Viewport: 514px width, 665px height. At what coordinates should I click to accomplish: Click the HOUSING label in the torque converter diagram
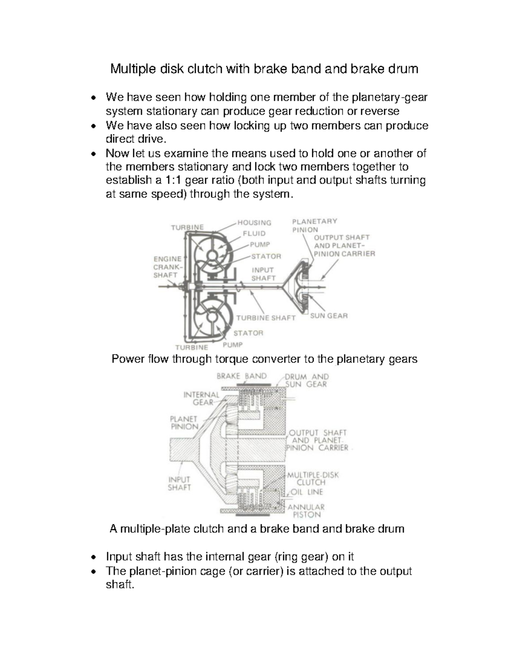(x=254, y=223)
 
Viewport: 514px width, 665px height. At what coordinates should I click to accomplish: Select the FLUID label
(x=254, y=234)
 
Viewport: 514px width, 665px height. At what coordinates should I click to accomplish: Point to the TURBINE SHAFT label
(x=266, y=318)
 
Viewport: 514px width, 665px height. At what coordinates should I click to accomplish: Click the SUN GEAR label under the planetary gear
(x=329, y=316)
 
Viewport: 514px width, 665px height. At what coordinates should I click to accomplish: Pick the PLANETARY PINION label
(x=314, y=225)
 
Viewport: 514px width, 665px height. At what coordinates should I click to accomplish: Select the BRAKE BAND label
(x=242, y=376)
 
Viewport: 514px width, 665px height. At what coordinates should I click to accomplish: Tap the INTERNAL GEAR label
(x=201, y=398)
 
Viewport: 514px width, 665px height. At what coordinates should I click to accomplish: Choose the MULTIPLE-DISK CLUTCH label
(x=313, y=478)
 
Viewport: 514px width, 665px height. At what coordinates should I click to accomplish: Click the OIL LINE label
(x=307, y=492)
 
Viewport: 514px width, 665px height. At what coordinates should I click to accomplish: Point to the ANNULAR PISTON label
(x=306, y=511)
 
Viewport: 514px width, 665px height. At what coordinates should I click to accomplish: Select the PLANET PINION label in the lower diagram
(x=184, y=423)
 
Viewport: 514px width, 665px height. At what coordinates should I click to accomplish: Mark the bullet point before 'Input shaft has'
(x=93, y=558)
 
